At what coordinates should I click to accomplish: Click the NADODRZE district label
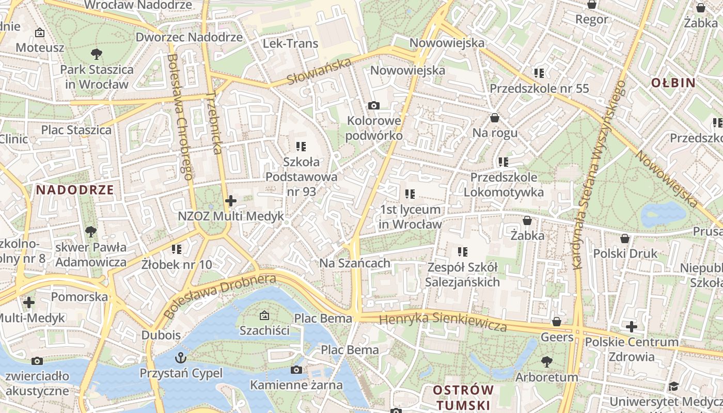75,189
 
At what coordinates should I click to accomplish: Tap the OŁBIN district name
673,83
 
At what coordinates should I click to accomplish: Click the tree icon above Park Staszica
96,54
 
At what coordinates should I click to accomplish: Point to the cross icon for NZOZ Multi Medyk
231,201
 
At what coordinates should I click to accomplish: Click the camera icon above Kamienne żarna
296,370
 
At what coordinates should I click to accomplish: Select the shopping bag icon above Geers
557,322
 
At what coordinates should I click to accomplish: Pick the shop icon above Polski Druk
625,239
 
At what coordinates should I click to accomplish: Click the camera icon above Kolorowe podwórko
373,106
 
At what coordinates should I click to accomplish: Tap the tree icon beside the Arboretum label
547,361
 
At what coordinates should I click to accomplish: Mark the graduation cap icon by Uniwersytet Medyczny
673,386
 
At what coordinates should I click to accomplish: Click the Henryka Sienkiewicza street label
443,322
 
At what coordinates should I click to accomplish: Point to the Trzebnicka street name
214,123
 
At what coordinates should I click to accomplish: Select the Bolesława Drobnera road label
220,296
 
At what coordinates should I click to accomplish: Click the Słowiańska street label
319,72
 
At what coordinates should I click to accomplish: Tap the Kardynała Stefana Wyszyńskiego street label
599,176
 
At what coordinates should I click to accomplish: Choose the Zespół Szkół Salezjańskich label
462,275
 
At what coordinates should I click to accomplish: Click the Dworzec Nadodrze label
189,37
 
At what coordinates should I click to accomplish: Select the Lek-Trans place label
291,43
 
